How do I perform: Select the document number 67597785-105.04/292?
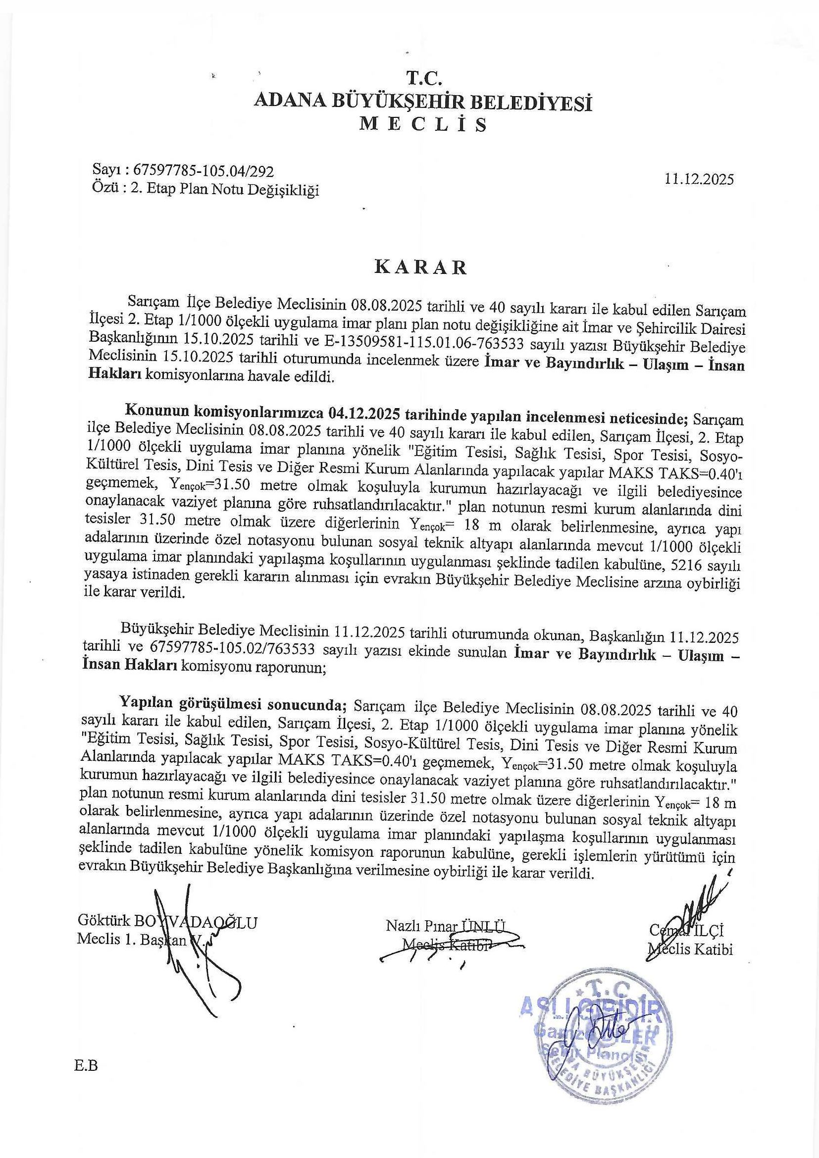point(202,171)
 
